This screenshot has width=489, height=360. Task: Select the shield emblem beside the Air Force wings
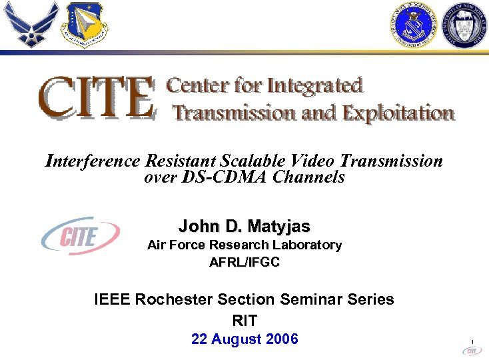(85, 25)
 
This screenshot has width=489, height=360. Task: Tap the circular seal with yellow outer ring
(412, 24)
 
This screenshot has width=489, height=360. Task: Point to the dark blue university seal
(466, 24)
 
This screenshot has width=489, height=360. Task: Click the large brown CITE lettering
(97, 97)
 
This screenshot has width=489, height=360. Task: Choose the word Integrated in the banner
(315, 87)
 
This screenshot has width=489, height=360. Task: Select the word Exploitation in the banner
(398, 113)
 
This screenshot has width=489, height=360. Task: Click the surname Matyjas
(281, 225)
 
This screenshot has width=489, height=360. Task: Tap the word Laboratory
(308, 245)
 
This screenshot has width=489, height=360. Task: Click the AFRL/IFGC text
(244, 262)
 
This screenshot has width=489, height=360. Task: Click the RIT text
(244, 320)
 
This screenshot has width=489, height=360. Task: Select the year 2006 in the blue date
(281, 339)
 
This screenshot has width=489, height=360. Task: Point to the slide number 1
(472, 343)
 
